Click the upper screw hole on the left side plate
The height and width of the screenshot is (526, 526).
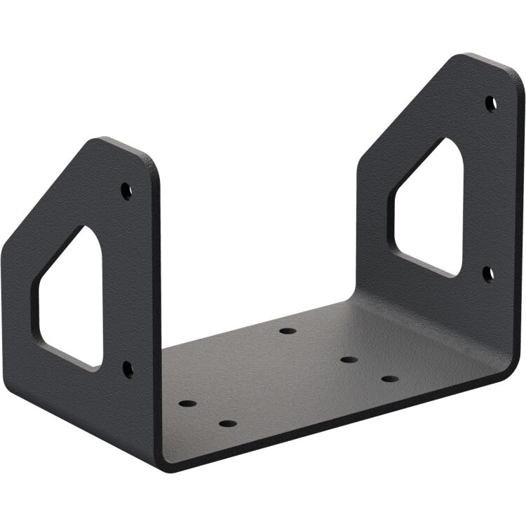coord(126,189)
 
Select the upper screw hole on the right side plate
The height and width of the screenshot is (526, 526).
coord(491,103)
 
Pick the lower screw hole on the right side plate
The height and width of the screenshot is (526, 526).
coord(489,273)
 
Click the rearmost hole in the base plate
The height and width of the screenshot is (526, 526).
coord(287,330)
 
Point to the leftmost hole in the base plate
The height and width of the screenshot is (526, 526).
coord(188,404)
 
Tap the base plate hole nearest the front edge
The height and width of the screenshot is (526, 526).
coord(227,423)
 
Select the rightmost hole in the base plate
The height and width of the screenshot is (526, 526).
coord(390,379)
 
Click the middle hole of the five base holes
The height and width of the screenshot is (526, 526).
coord(349,360)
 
